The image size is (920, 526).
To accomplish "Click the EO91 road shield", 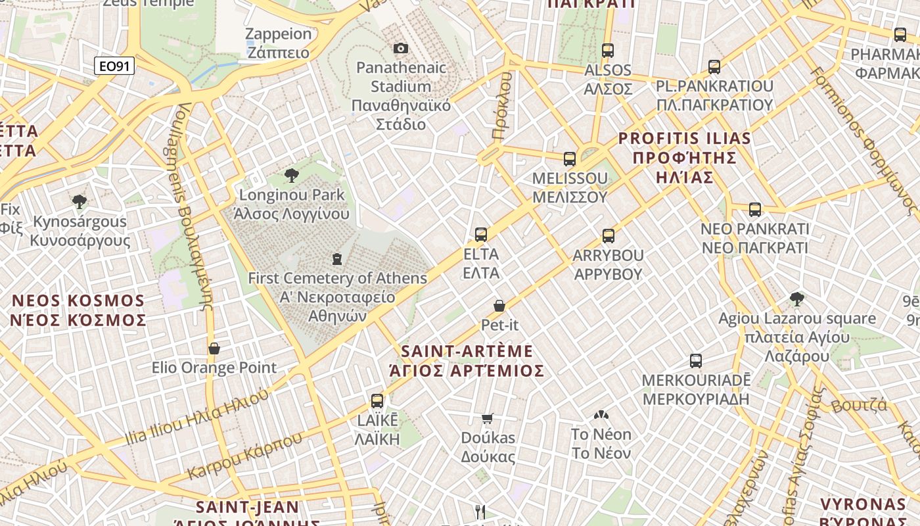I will click(114, 66).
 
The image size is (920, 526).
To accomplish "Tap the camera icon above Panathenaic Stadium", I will click(400, 48).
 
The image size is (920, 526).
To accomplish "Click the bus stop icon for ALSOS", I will click(608, 50).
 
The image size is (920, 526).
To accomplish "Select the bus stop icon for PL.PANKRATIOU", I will click(714, 66).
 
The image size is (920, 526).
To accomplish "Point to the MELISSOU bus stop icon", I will click(570, 158).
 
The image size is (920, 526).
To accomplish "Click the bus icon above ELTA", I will click(481, 234).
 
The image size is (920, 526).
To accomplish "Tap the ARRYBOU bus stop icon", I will click(609, 235).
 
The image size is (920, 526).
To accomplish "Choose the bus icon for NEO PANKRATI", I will click(755, 210).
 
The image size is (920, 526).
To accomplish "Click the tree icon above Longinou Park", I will click(292, 175).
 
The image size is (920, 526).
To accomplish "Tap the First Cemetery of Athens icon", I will click(337, 258).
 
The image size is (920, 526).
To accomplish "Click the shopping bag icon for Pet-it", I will click(499, 306).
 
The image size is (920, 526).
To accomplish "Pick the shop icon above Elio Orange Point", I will click(214, 348).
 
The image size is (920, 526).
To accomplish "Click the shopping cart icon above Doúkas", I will click(488, 418).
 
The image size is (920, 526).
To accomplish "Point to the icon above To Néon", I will click(601, 415).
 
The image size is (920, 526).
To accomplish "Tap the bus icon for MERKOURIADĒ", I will click(696, 360).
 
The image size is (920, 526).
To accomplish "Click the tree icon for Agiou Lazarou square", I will click(797, 299).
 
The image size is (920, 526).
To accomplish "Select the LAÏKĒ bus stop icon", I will click(377, 400).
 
